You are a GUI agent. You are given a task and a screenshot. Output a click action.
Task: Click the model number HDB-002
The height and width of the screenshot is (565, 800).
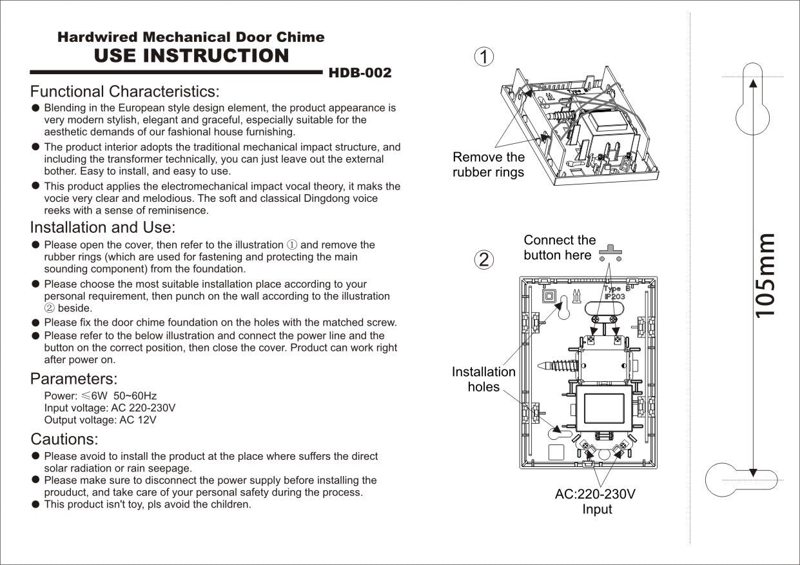click(360, 73)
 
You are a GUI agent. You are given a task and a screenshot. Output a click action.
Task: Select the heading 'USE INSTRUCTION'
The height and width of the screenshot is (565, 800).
click(191, 56)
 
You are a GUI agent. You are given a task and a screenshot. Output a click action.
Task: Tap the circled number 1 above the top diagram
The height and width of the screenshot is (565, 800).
click(483, 57)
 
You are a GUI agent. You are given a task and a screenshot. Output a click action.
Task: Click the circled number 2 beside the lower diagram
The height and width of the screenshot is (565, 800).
click(483, 260)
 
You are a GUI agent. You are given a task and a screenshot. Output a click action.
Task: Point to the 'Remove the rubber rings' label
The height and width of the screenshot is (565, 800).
click(489, 164)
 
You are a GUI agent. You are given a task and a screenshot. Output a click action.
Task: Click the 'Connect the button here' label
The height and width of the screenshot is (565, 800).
click(560, 248)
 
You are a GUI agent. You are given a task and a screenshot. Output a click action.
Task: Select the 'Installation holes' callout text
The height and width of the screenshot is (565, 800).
click(483, 379)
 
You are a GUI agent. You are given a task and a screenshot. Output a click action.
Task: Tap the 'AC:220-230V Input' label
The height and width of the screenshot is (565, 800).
click(596, 502)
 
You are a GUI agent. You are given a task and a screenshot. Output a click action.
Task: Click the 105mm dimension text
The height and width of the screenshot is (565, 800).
click(765, 275)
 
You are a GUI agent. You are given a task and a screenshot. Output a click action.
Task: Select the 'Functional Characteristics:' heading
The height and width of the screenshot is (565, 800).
click(124, 92)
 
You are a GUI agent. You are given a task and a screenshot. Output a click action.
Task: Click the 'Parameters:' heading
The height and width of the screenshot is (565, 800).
click(73, 379)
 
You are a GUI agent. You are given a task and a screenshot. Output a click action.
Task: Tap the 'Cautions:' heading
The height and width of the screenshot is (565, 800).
click(64, 440)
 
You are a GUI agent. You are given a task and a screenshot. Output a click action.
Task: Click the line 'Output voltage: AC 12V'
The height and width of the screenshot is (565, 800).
click(100, 420)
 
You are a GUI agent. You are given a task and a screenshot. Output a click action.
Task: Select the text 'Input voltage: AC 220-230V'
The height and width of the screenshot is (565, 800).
click(110, 408)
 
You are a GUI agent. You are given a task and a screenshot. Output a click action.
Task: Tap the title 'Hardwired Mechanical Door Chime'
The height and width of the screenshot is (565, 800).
click(191, 37)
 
